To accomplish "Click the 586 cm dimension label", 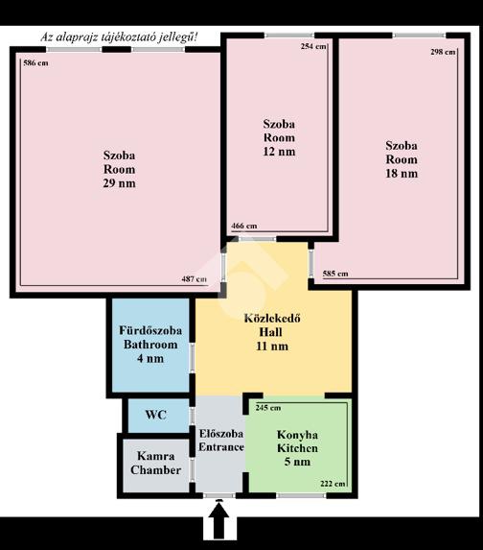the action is click(35, 63).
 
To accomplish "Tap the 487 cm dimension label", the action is click(194, 279).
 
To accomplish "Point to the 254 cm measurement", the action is click(313, 46).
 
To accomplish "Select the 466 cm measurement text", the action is click(244, 226).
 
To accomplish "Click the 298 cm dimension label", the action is click(443, 52).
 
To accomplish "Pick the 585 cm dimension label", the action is click(335, 274).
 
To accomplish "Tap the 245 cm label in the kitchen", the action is click(268, 408).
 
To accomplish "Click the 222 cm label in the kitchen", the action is click(333, 484).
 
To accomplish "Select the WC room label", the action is click(156, 415).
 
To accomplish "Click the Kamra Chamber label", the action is click(156, 463).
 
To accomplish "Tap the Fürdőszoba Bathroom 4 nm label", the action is click(150, 345).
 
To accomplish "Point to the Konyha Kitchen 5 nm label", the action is click(297, 448).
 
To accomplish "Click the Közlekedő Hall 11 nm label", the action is click(272, 332).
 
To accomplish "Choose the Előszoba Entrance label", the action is click(221, 441).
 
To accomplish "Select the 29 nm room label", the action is click(119, 169).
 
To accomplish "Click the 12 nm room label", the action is click(279, 137).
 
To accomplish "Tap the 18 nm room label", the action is click(402, 159).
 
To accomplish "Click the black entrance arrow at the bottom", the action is click(219, 520).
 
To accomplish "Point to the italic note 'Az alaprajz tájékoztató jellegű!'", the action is click(119, 37).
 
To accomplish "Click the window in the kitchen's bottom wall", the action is click(301, 495).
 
